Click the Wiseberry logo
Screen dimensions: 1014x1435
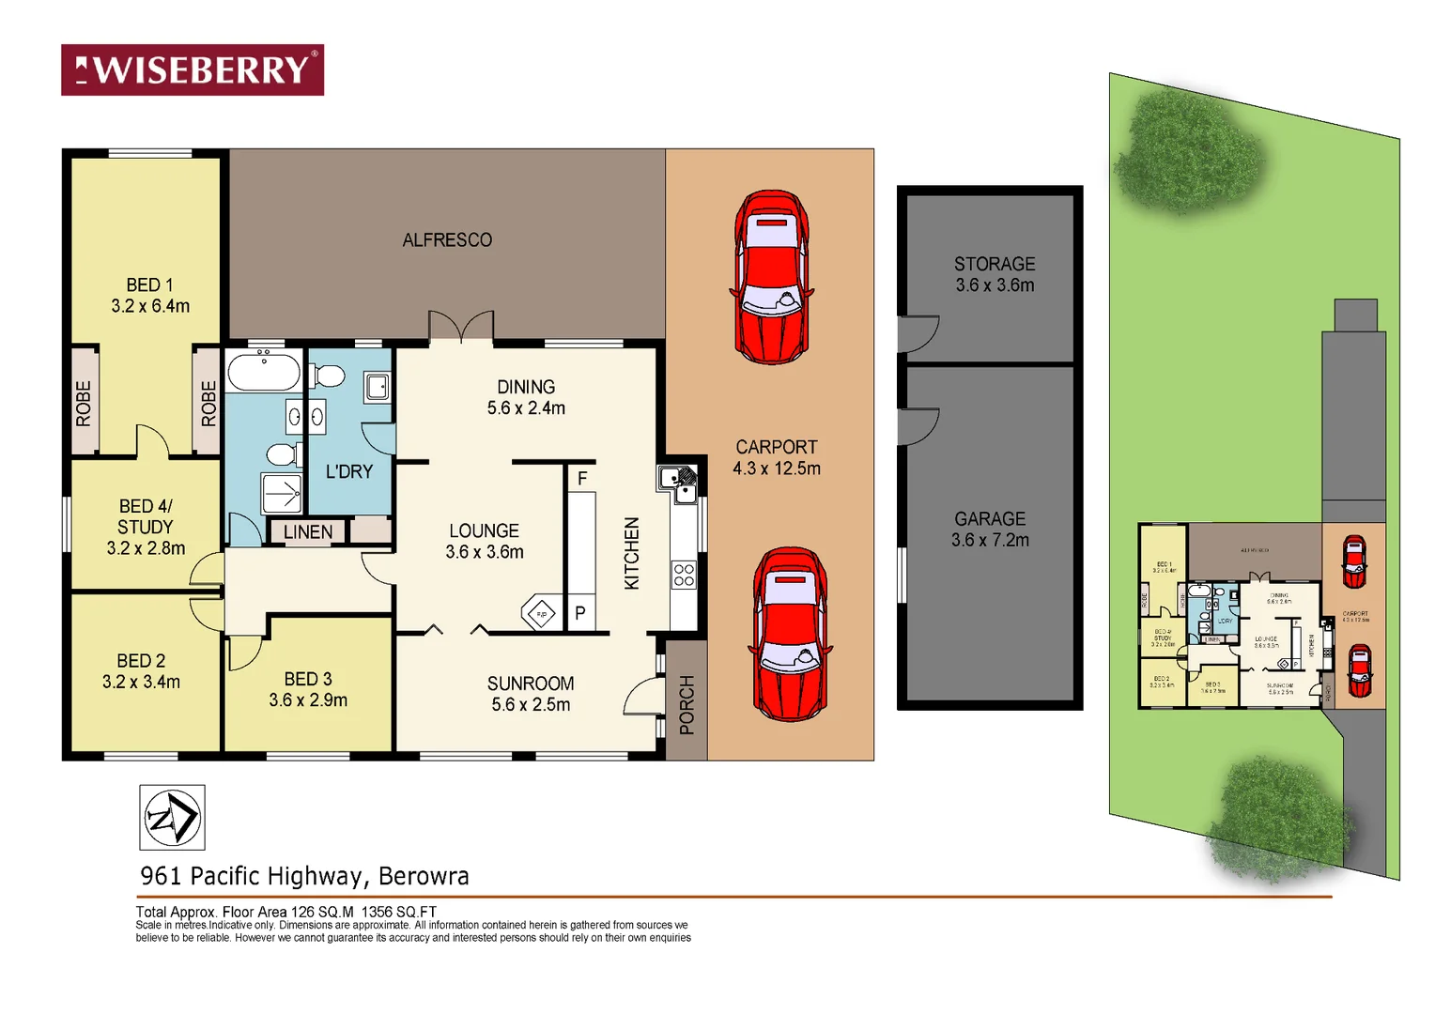pyautogui.click(x=193, y=69)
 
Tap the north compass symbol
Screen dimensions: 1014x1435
pyautogui.click(x=172, y=818)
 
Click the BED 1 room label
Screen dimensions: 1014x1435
pyautogui.click(x=150, y=295)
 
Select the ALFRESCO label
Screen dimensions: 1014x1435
pyautogui.click(x=447, y=240)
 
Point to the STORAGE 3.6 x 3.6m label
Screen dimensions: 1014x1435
pyautogui.click(x=995, y=274)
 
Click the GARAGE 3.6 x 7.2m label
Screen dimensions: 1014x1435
pyautogui.click(x=990, y=529)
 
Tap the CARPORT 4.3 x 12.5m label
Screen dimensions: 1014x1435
pyautogui.click(x=777, y=457)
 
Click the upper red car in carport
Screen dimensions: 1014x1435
pyautogui.click(x=771, y=277)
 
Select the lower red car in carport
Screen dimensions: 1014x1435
pyautogui.click(x=791, y=634)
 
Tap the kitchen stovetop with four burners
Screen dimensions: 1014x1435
pyautogui.click(x=684, y=575)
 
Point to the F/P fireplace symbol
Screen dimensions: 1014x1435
pyautogui.click(x=542, y=614)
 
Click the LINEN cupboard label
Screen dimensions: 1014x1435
pyautogui.click(x=308, y=531)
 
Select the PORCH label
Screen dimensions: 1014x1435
pyautogui.click(x=687, y=704)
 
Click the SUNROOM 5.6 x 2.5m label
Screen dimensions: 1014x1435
pyautogui.click(x=531, y=694)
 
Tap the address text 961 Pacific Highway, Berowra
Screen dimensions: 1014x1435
pyautogui.click(x=304, y=876)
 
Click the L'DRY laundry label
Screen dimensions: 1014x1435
pyautogui.click(x=349, y=471)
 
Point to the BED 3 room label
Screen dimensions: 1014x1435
pyautogui.click(x=308, y=689)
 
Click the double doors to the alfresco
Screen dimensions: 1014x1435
pyautogui.click(x=461, y=327)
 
